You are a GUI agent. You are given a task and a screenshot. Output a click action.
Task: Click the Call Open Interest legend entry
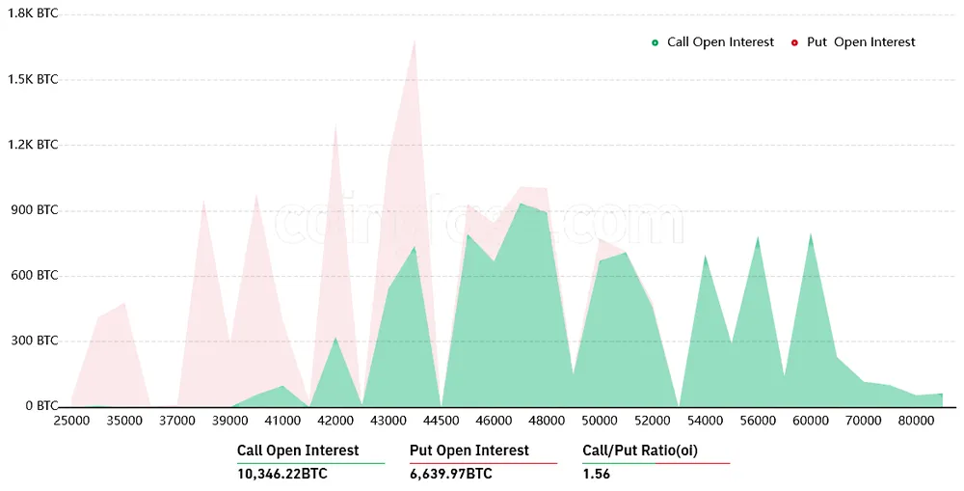[713, 42]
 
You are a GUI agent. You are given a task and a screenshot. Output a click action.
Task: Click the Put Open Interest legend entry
[853, 42]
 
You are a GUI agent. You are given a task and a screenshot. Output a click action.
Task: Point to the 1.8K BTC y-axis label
[34, 14]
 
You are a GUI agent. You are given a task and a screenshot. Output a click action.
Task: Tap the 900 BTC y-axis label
[34, 210]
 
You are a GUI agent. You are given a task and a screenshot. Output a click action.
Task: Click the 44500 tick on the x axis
[442, 421]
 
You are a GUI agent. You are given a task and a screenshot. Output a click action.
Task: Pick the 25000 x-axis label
[72, 421]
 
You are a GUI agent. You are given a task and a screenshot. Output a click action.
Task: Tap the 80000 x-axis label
[916, 421]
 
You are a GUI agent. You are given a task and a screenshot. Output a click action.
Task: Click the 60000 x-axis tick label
[811, 421]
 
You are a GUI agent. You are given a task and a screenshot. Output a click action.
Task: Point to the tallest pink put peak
[415, 41]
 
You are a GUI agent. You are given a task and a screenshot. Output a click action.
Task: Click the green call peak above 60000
[811, 234]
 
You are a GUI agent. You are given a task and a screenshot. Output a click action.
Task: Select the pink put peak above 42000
[335, 124]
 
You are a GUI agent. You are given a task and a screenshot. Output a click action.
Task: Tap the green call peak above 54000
[706, 257]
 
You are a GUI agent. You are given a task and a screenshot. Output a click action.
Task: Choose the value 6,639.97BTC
[451, 474]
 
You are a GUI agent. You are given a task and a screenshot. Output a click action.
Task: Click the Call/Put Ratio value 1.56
[597, 474]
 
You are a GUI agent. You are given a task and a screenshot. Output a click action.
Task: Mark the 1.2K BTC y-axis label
[34, 145]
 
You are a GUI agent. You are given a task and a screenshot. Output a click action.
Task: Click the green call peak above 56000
[758, 237]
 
